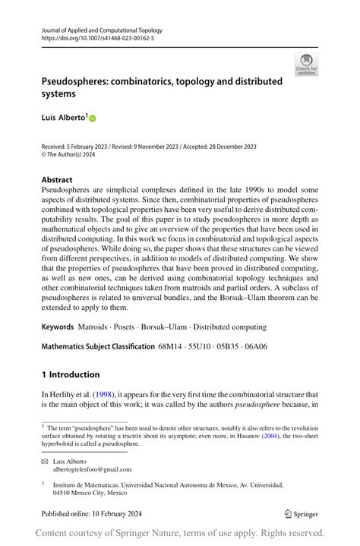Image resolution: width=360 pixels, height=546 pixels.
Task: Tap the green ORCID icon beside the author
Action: point(93,118)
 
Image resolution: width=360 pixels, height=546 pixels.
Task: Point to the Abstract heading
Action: point(58,179)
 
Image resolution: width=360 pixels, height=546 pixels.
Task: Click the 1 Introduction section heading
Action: point(71,374)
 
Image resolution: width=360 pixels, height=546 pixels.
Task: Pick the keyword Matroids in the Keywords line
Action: point(94,327)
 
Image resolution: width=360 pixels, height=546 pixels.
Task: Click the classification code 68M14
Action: point(171,347)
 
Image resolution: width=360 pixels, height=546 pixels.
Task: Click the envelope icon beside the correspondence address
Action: point(45,461)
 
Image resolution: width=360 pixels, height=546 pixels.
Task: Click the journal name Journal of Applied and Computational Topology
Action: point(102,30)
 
